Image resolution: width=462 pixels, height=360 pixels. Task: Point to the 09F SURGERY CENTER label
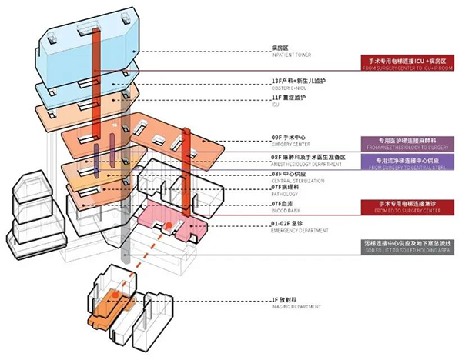291,139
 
